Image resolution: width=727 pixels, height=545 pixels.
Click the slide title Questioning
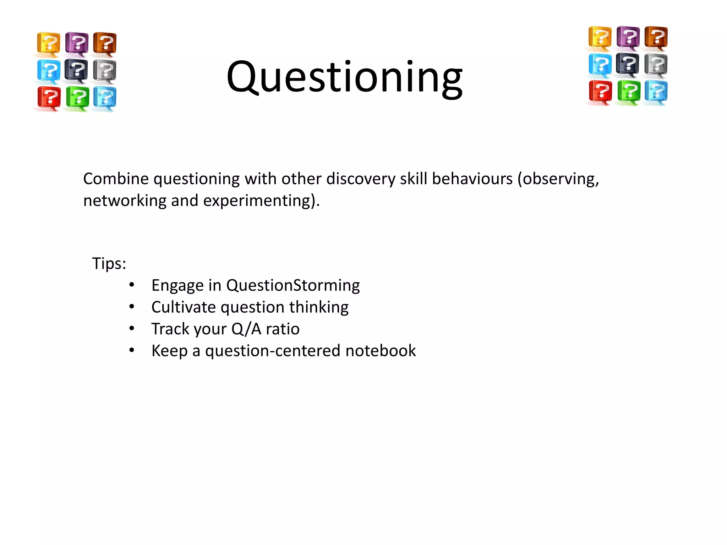pyautogui.click(x=344, y=77)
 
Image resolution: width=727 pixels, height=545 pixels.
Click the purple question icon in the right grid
pyautogui.click(x=628, y=37)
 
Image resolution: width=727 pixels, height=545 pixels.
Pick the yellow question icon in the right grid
pyautogui.click(x=600, y=37)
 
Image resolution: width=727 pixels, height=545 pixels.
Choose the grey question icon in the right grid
pyautogui.click(x=656, y=65)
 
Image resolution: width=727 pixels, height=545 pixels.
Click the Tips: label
pyautogui.click(x=109, y=263)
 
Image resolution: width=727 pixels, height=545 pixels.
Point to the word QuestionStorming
pyautogui.click(x=293, y=285)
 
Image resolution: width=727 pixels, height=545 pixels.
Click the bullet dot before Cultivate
pyautogui.click(x=132, y=307)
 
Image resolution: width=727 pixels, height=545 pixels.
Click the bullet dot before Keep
pyautogui.click(x=132, y=350)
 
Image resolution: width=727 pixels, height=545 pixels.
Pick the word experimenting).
pyautogui.click(x=261, y=201)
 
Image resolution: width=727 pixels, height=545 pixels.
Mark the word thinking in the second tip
pyautogui.click(x=319, y=307)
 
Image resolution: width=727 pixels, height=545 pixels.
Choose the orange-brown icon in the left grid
pyautogui.click(x=105, y=43)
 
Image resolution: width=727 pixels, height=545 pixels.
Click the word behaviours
pyautogui.click(x=472, y=178)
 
